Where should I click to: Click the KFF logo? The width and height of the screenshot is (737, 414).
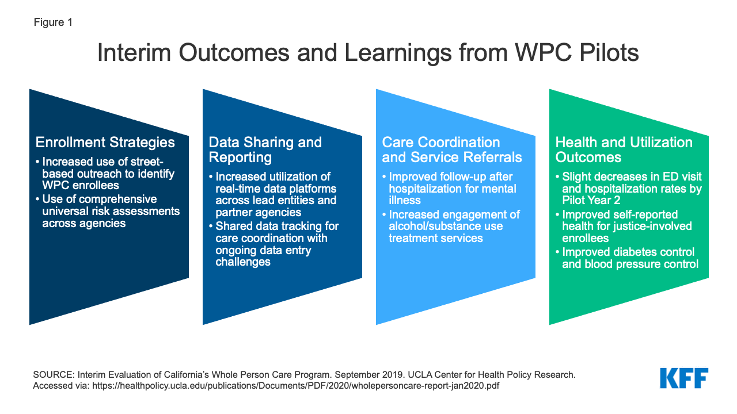[684, 378]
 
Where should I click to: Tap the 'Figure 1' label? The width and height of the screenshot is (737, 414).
[53, 22]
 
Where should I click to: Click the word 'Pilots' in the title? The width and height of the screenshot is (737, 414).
[609, 52]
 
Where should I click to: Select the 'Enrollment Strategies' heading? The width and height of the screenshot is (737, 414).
[105, 142]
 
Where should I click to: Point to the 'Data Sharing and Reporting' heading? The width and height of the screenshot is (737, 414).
[265, 149]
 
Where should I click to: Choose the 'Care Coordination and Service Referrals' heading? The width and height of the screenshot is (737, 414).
[452, 149]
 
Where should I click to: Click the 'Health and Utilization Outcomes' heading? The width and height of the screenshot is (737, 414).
[624, 149]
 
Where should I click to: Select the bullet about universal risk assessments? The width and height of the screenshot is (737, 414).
[108, 211]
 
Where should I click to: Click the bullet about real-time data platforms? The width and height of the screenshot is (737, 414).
[273, 194]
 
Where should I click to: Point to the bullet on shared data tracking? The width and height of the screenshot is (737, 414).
[273, 244]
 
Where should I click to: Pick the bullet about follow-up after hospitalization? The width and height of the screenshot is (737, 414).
[449, 189]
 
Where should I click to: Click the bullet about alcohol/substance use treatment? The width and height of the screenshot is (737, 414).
[451, 227]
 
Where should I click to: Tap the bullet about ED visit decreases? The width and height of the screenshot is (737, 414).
[629, 189]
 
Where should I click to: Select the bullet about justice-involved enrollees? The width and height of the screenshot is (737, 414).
[624, 227]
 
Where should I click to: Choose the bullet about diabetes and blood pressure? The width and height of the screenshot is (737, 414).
[627, 258]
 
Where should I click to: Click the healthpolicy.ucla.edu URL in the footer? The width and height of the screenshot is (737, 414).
[295, 385]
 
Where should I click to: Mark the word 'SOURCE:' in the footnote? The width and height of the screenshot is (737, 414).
[54, 374]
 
